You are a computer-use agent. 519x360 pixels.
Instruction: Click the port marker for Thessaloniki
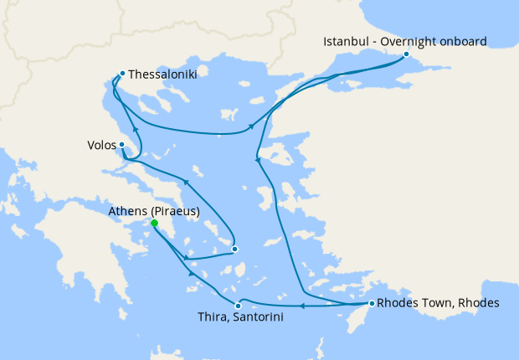pyautogui.click(x=123, y=73)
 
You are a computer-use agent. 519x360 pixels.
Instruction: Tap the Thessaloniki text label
pyautogui.click(x=163, y=74)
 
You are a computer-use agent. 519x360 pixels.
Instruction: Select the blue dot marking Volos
pyautogui.click(x=122, y=144)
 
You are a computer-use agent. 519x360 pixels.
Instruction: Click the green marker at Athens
pyautogui.click(x=154, y=224)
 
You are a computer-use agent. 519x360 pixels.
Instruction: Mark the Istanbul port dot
pyautogui.click(x=406, y=54)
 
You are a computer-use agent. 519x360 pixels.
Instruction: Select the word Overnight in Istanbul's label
pyautogui.click(x=411, y=41)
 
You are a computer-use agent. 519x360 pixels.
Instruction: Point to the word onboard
pyautogui.click(x=464, y=41)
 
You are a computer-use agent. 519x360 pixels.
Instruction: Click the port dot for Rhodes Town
pyautogui.click(x=372, y=303)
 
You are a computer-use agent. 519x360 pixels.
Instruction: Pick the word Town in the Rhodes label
pyautogui.click(x=433, y=303)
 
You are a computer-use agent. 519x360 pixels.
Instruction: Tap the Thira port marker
pyautogui.click(x=239, y=306)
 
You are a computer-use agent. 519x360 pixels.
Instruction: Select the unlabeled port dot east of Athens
pyautogui.click(x=235, y=249)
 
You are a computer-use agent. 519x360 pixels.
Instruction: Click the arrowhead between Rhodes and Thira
pyautogui.click(x=302, y=306)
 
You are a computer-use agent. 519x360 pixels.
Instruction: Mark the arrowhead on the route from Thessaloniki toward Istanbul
pyautogui.click(x=251, y=128)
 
